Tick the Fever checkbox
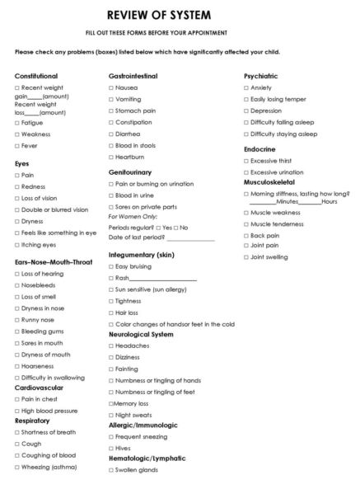pyautogui.click(x=17, y=146)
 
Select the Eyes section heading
pyautogui.click(x=22, y=163)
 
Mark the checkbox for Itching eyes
pyautogui.click(x=17, y=245)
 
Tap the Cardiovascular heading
pyautogui.click(x=38, y=387)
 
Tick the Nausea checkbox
pyautogui.click(x=111, y=87)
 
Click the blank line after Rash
pyautogui.click(x=169, y=279)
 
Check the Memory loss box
pyautogui.click(x=111, y=404)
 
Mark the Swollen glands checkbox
pyautogui.click(x=111, y=469)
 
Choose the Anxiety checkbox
pyautogui.click(x=246, y=87)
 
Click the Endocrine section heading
pyautogui.click(x=259, y=149)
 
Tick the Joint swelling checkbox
pyautogui.click(x=246, y=257)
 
